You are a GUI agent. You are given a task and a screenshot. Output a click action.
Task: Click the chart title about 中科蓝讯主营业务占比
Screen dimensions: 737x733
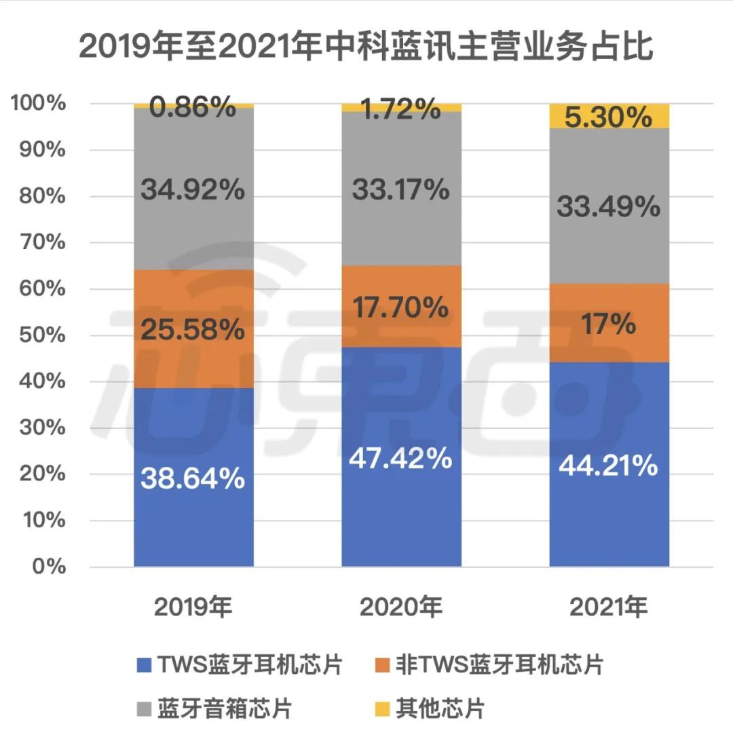(x=366, y=48)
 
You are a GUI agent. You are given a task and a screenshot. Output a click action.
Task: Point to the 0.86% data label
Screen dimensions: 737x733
(x=193, y=107)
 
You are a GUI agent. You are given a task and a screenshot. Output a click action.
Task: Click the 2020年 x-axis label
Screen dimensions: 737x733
(x=401, y=607)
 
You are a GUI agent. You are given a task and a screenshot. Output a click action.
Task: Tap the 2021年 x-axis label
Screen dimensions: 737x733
(x=609, y=607)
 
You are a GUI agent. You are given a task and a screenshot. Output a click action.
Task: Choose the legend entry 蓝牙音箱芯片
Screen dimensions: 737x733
(x=224, y=709)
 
